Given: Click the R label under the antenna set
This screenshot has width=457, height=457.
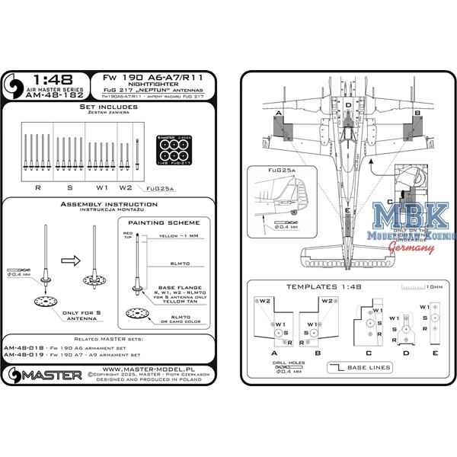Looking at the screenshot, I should pyautogui.click(x=39, y=186).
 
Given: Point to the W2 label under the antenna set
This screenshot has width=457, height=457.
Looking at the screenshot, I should pyautogui.click(x=126, y=186).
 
